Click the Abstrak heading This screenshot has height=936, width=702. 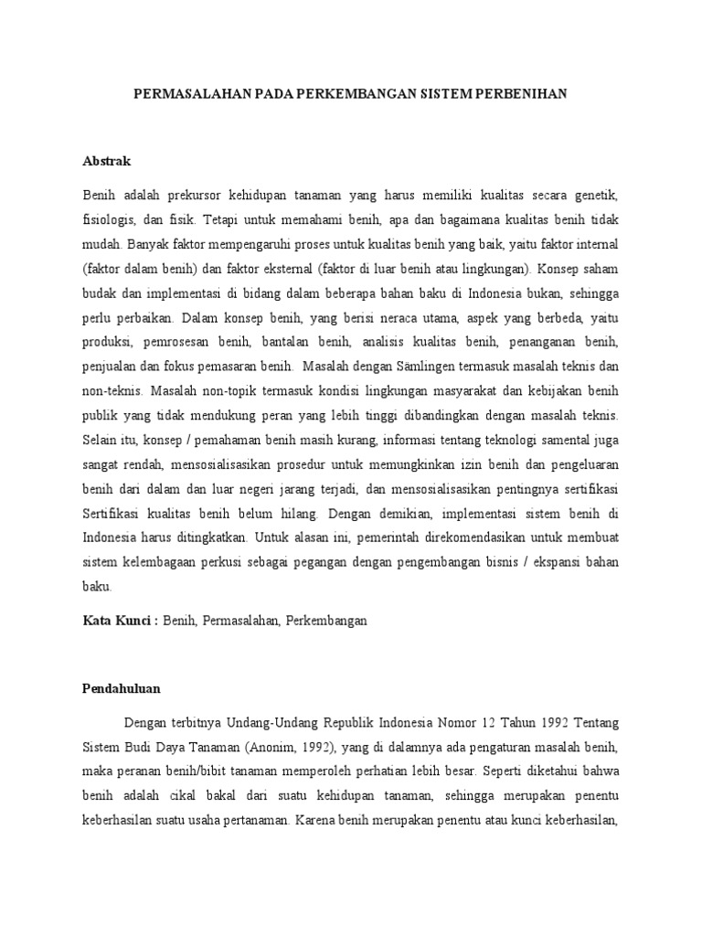(107, 161)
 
